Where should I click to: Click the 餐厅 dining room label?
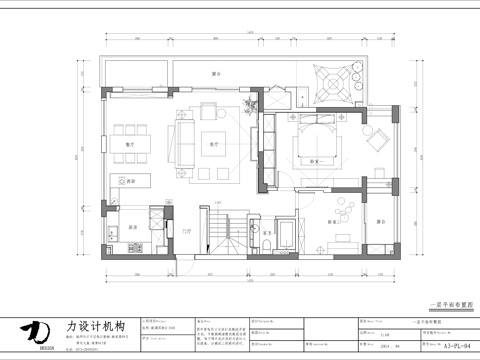tap(129, 144)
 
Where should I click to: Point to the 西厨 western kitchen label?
tap(130, 180)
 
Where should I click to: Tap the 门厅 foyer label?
tap(186, 230)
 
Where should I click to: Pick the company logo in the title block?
tap(37, 332)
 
